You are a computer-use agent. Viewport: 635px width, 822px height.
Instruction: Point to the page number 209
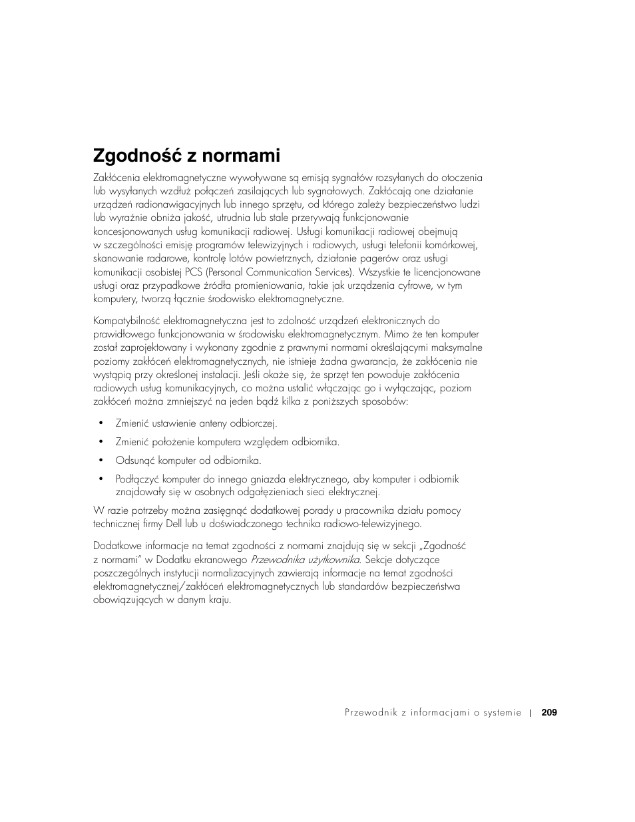(549, 713)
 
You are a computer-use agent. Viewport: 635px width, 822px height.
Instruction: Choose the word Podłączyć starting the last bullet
(137, 479)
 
